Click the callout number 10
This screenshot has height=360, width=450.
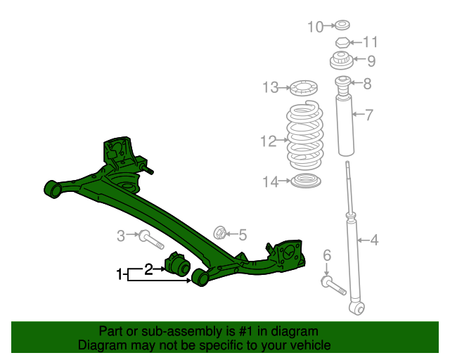click(x=315, y=27)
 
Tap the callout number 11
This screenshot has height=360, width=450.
click(x=371, y=42)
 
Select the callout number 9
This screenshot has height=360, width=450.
click(x=371, y=60)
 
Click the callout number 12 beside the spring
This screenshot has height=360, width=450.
click(x=268, y=141)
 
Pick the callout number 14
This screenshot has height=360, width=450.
click(x=271, y=182)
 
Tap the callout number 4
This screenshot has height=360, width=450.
click(x=374, y=241)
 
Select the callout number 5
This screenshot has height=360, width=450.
click(x=242, y=234)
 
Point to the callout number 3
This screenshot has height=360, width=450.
click(x=120, y=235)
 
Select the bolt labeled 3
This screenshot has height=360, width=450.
click(x=150, y=238)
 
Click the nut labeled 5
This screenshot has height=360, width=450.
click(x=219, y=232)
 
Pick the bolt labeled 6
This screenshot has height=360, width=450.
click(x=333, y=285)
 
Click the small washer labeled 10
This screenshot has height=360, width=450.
click(x=342, y=27)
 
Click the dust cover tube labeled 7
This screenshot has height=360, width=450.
click(x=345, y=127)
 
